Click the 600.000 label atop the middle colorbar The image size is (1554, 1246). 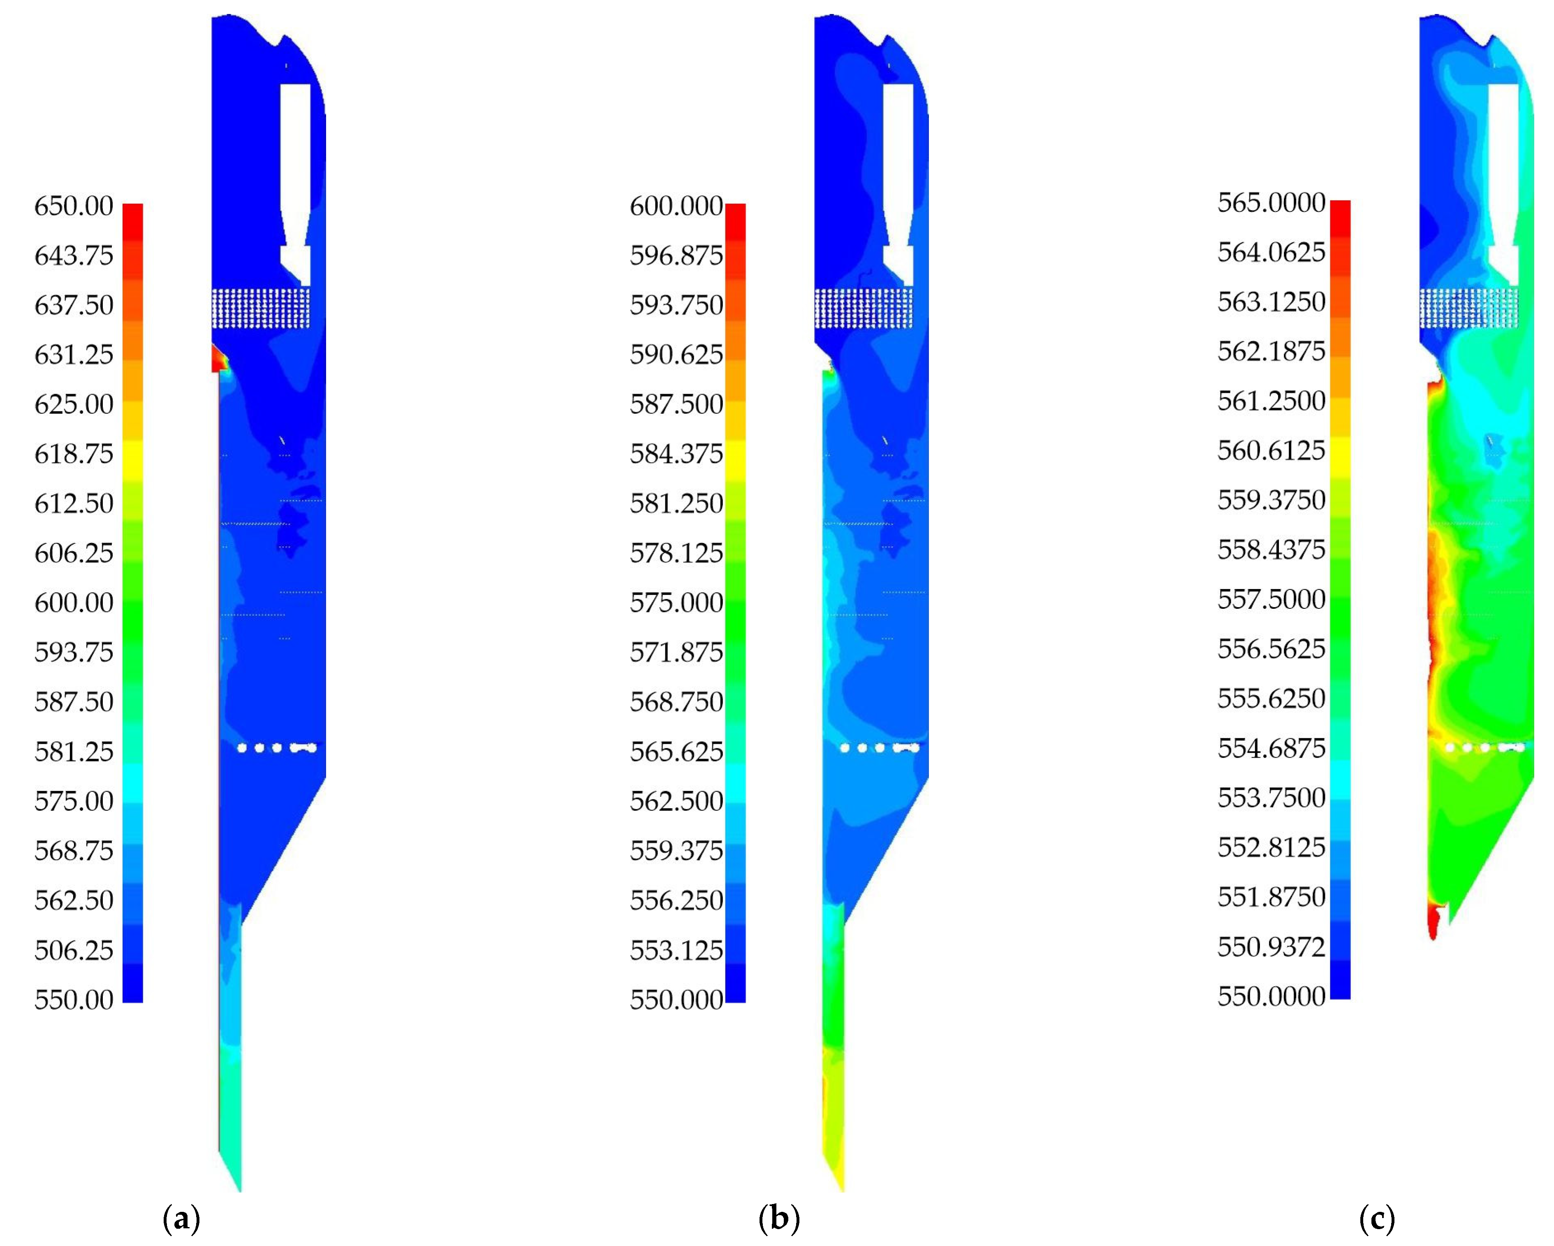(x=676, y=206)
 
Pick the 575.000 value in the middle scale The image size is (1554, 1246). (x=676, y=603)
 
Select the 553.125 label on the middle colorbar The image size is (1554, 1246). (x=676, y=950)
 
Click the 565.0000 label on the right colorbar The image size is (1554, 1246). (x=1271, y=203)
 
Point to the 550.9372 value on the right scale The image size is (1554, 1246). (x=1271, y=947)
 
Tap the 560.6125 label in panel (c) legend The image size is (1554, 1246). (x=1271, y=451)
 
